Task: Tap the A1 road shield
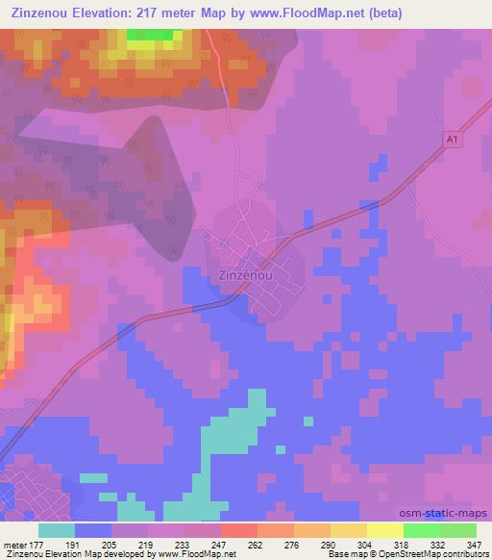pyautogui.click(x=452, y=140)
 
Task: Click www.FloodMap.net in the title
pyautogui.click(x=295, y=13)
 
